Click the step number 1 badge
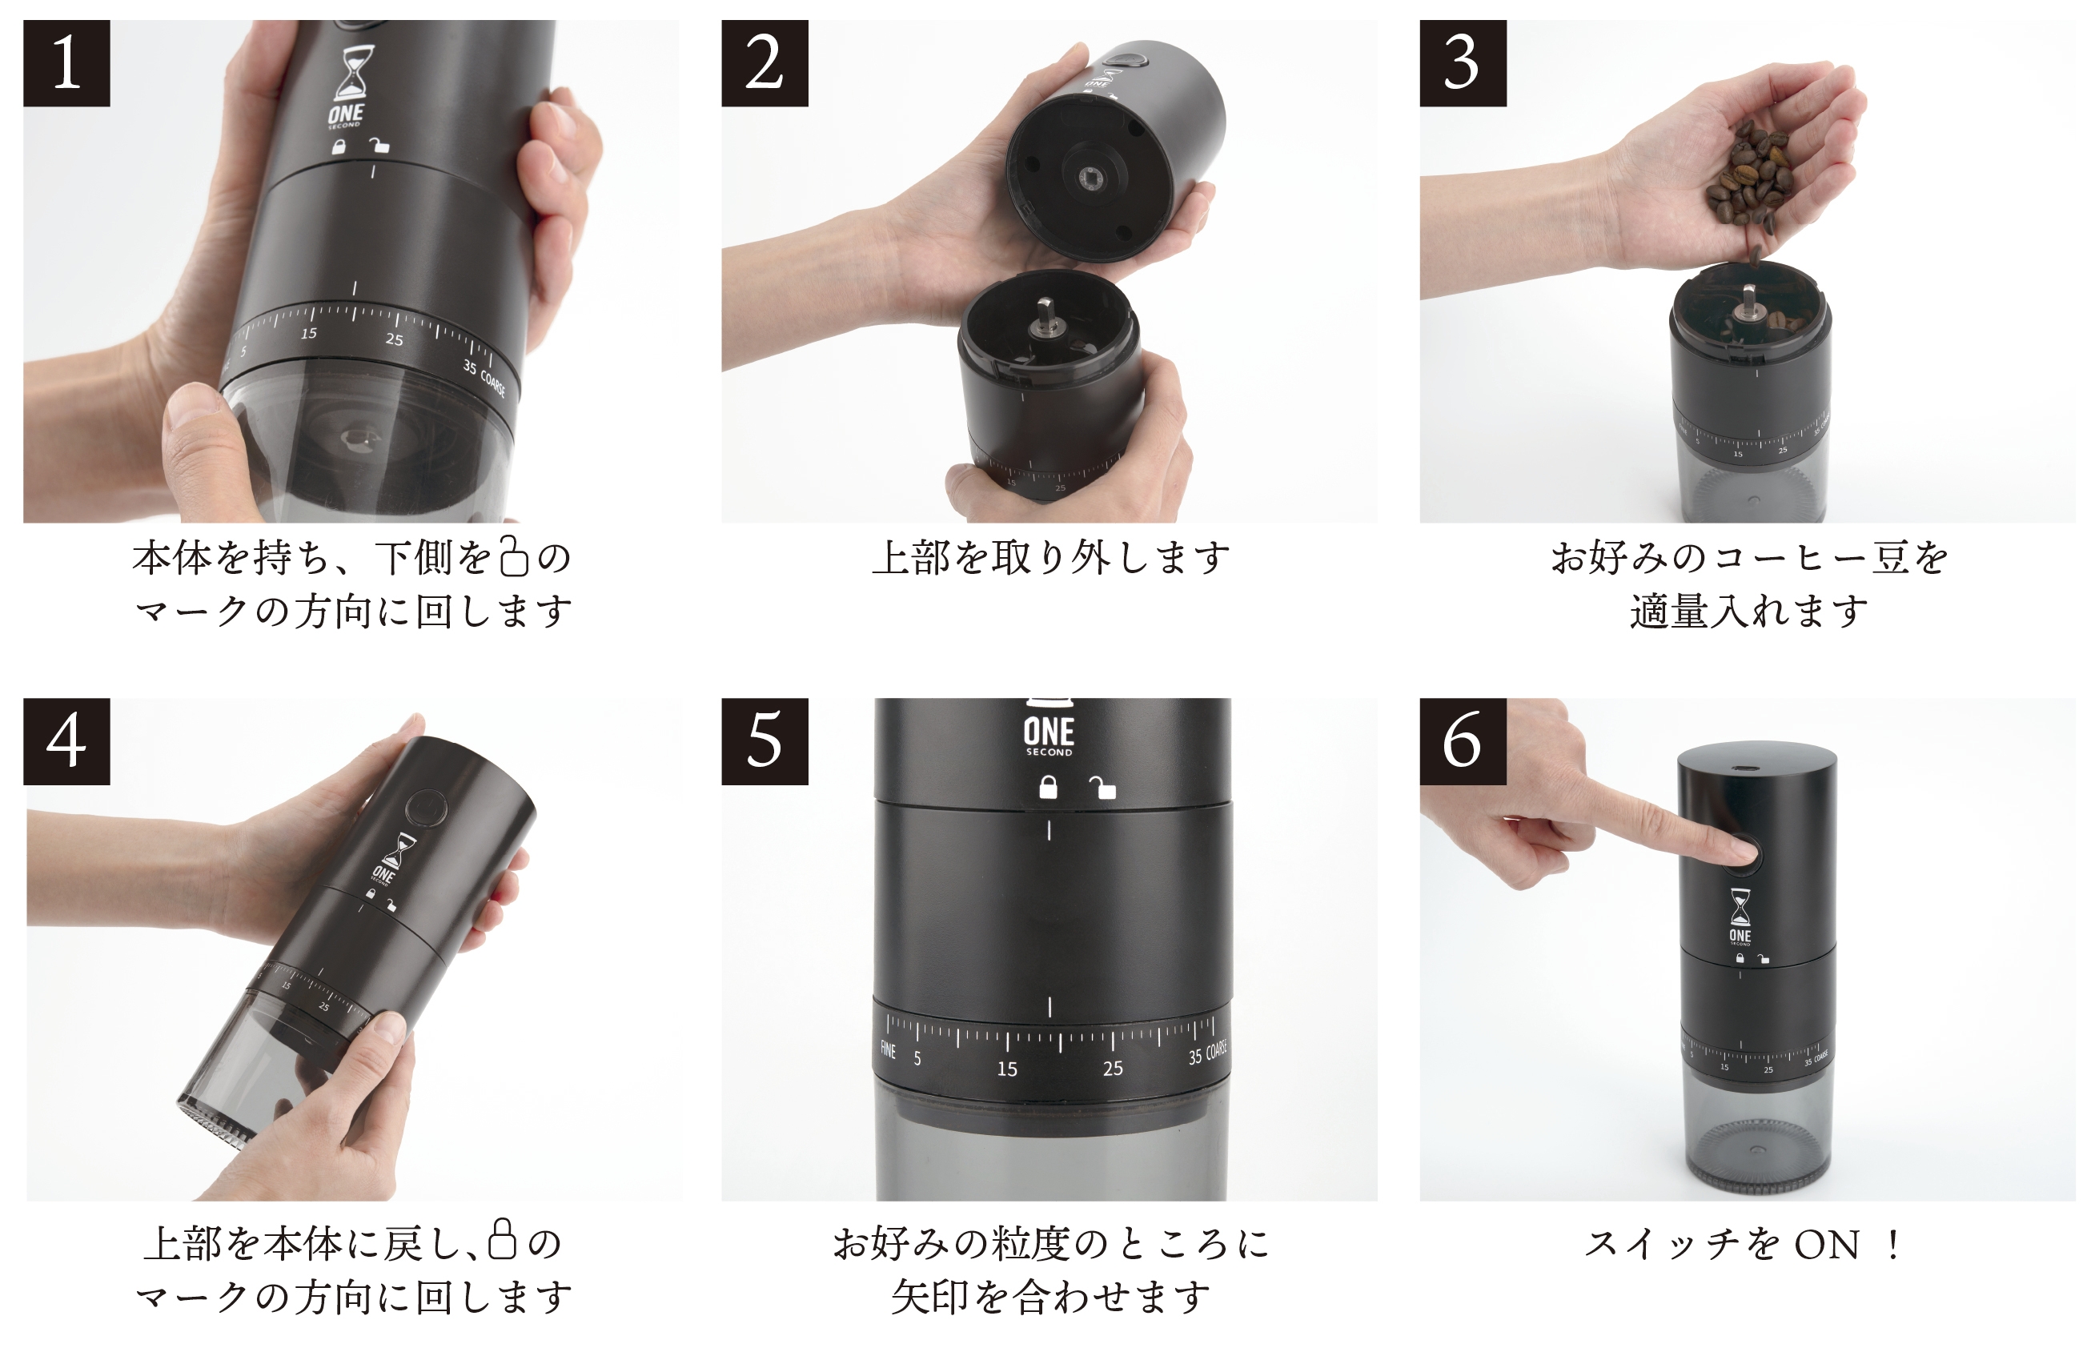point(66,63)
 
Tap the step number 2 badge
point(765,63)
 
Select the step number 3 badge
point(1463,63)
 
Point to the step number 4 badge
point(66,741)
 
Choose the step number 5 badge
point(765,741)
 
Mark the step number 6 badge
point(1463,741)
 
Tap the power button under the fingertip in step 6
point(1744,854)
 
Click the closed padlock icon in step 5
point(1048,787)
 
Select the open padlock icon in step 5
point(1102,787)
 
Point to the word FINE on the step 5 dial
point(888,1049)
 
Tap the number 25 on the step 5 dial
point(1113,1068)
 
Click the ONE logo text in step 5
point(1049,732)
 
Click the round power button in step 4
point(426,808)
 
